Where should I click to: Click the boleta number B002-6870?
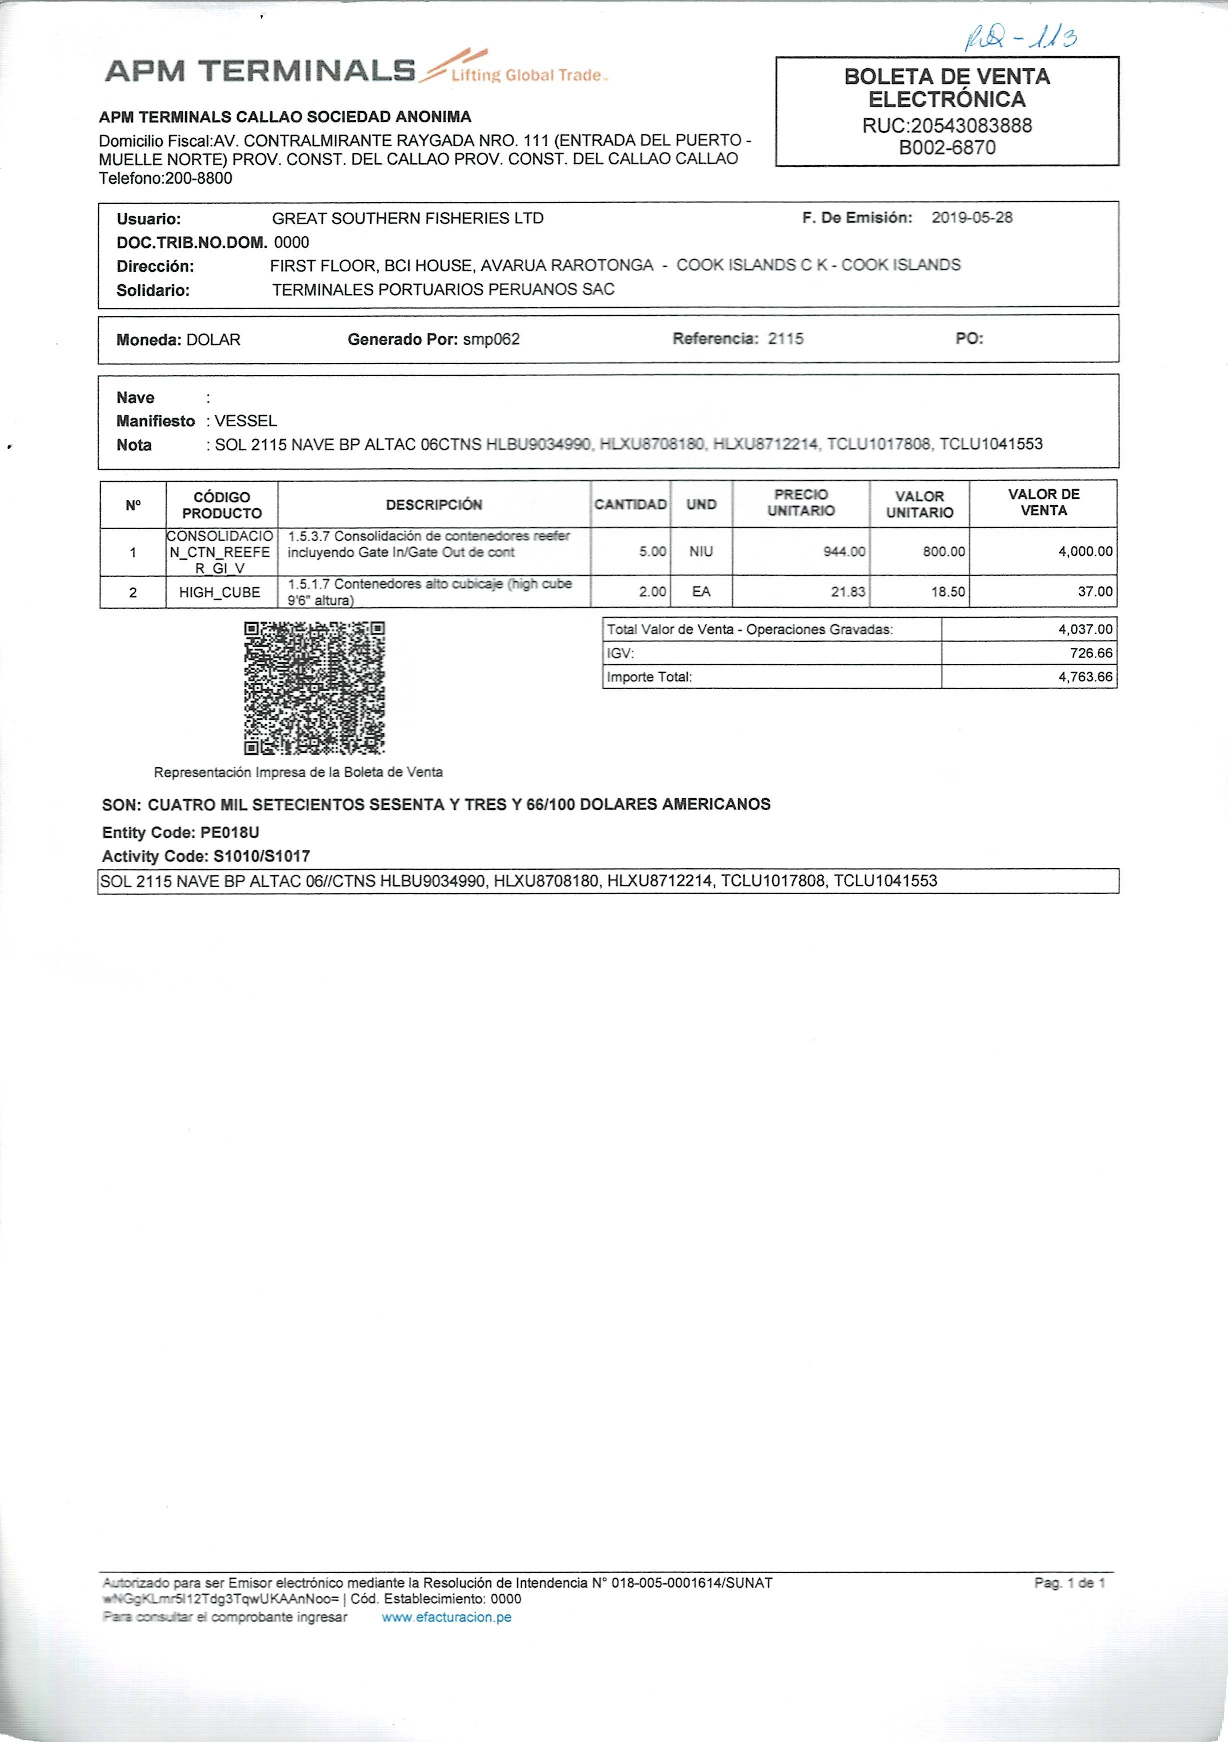click(947, 148)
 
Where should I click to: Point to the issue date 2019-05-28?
click(972, 218)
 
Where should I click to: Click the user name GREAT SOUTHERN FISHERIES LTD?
click(407, 218)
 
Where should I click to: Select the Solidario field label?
click(153, 290)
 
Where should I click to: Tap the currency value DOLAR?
click(213, 340)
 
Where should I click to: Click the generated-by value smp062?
click(491, 340)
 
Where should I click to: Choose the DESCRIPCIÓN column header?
click(434, 504)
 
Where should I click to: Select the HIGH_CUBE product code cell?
click(220, 592)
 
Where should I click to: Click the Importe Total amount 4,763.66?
click(1086, 677)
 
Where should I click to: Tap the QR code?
click(314, 688)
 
